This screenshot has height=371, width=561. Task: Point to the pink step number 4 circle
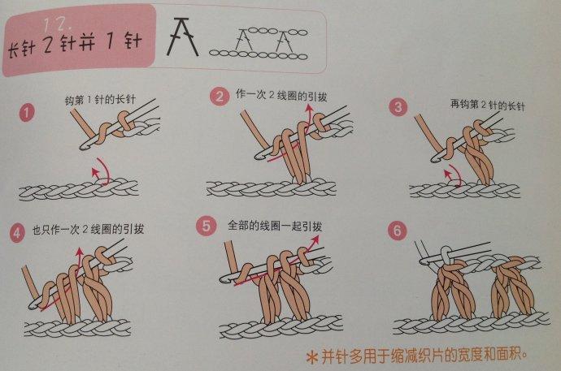18,230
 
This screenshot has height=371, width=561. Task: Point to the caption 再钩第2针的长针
476,104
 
